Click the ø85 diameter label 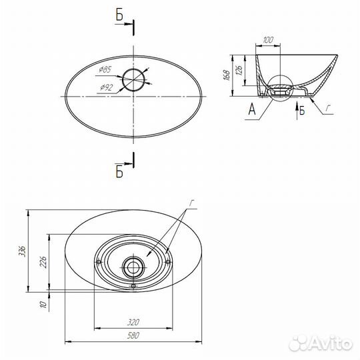(105, 69)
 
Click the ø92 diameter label (107, 87)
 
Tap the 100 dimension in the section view (268, 40)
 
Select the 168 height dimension (227, 75)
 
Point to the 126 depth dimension (239, 71)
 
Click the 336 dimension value (23, 251)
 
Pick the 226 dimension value (43, 262)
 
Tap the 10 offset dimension (43, 305)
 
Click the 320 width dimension (133, 323)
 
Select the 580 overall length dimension (133, 335)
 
